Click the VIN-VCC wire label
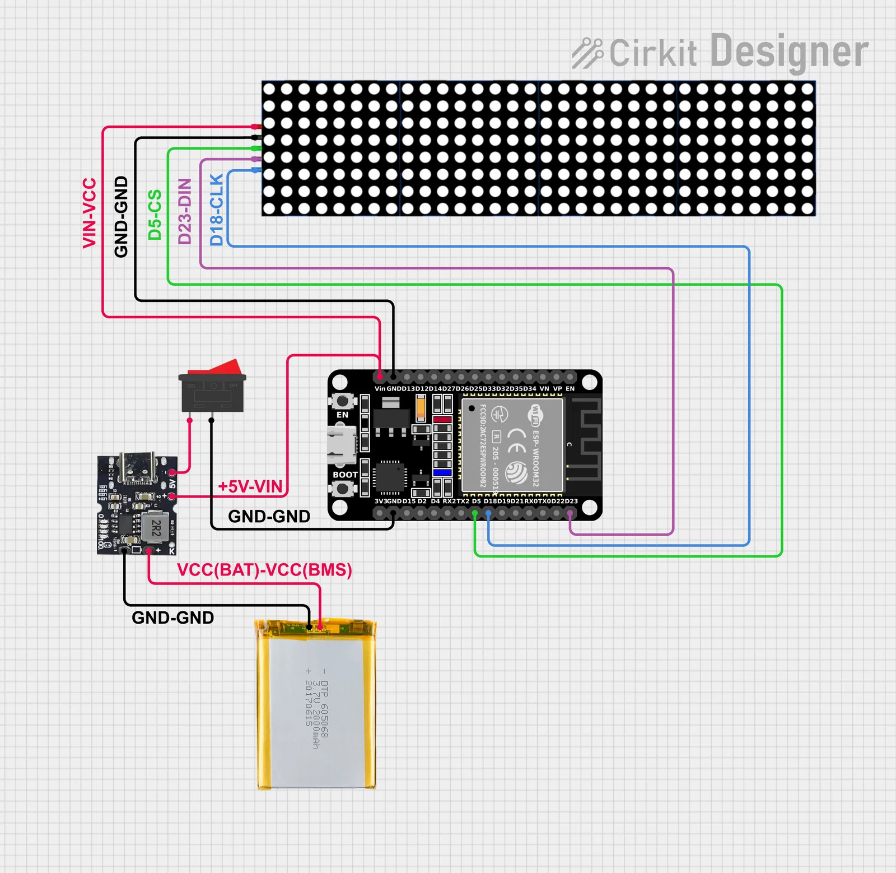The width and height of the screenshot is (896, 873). tap(90, 213)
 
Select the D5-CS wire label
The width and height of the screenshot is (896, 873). tap(155, 215)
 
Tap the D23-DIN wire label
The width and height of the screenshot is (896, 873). tap(185, 211)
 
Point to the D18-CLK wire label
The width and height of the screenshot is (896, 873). tap(217, 210)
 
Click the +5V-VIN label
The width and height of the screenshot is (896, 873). tap(250, 486)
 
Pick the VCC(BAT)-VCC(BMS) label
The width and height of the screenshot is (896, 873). tap(264, 570)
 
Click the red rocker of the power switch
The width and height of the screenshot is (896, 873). tap(216, 367)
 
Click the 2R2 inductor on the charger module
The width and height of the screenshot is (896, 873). tap(156, 527)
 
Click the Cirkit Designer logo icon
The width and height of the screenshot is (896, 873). tap(587, 53)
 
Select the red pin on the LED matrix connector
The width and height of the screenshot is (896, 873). tap(256, 127)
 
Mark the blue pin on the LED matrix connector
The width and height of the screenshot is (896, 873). tap(256, 170)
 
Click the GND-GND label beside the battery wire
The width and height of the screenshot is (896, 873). tap(172, 617)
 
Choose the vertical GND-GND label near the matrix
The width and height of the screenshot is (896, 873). tap(121, 216)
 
